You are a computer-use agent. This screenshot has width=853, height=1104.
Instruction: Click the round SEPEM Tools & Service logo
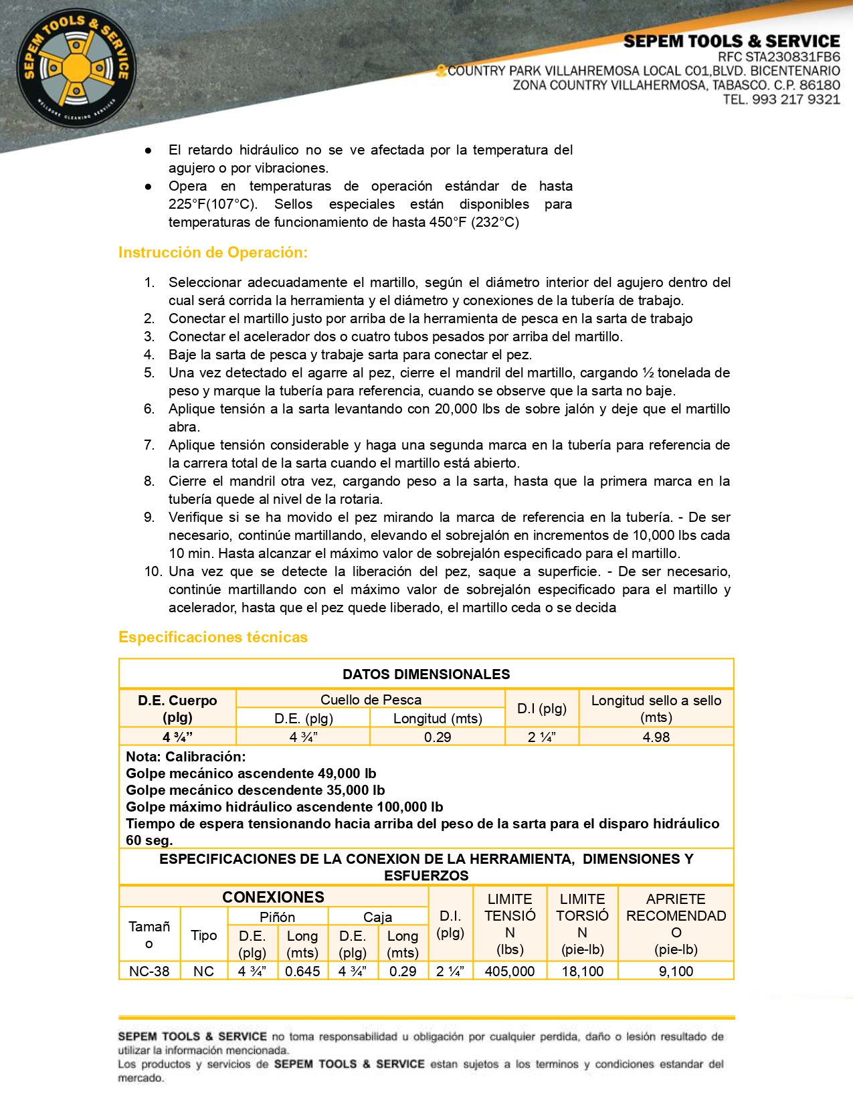click(76, 69)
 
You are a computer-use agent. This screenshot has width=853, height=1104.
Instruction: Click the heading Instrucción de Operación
click(213, 252)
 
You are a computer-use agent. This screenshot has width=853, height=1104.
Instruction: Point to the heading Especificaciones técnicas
click(213, 637)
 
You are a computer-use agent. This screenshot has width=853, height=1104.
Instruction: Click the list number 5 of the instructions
click(149, 373)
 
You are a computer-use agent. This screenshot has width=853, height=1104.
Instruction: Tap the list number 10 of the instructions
click(153, 571)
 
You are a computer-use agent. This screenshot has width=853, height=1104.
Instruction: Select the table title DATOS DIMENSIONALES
click(426, 674)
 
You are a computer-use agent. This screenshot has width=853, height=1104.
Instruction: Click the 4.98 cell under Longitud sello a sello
click(656, 737)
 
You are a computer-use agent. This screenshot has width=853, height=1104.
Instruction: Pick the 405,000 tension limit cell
click(509, 971)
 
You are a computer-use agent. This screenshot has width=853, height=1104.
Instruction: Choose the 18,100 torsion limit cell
click(582, 971)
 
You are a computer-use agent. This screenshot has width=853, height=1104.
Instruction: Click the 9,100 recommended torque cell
click(676, 971)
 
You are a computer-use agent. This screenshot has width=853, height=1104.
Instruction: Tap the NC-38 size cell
click(149, 971)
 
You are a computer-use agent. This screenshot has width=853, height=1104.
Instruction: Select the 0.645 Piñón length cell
click(302, 971)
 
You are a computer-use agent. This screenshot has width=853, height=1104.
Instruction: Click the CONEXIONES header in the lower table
click(273, 897)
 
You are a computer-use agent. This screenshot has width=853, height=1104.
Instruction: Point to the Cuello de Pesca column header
click(371, 700)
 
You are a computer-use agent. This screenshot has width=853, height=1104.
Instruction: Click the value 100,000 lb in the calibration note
click(409, 807)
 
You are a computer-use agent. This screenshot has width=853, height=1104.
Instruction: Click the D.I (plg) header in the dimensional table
click(542, 708)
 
